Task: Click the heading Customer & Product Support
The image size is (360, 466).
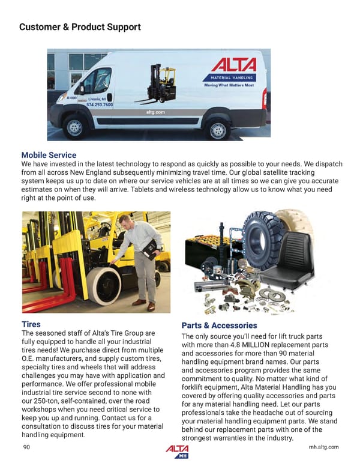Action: tap(80, 27)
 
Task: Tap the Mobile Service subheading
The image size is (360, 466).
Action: tap(49, 155)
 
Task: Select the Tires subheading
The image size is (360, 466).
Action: tap(31, 324)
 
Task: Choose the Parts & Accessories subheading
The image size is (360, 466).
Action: tap(219, 325)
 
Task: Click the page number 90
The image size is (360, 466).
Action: tap(26, 447)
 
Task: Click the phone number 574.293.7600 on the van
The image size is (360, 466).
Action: tap(100, 105)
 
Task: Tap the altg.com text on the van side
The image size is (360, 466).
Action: tap(155, 112)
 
